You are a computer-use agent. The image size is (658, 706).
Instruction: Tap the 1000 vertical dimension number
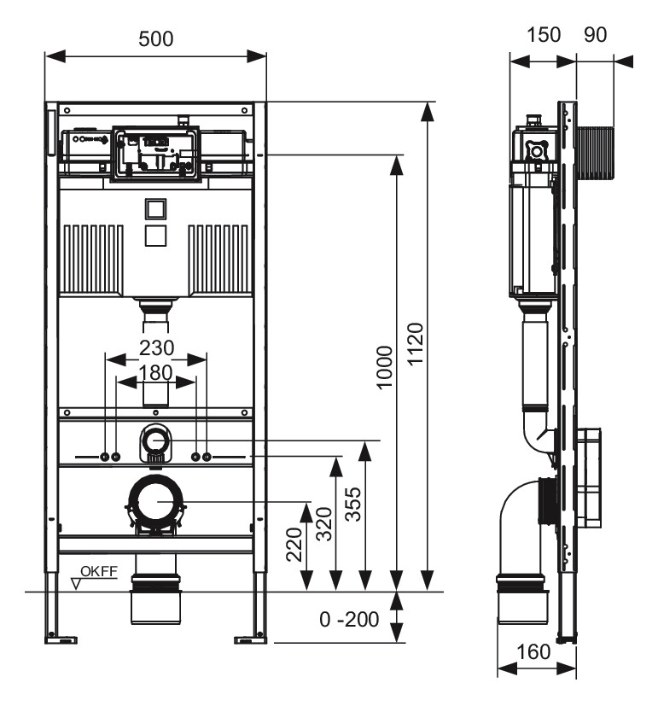[x=385, y=367]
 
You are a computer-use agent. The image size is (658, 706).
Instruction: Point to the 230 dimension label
[x=156, y=348]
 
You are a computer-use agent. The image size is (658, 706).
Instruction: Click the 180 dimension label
[x=155, y=372]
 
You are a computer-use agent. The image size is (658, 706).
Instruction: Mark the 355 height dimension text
[x=353, y=504]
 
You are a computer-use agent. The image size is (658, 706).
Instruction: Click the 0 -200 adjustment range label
[x=350, y=618]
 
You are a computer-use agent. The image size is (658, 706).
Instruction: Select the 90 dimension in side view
[x=595, y=35]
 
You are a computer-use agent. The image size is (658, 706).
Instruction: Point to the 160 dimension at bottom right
[x=535, y=652]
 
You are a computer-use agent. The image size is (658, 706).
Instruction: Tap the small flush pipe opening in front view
[x=154, y=441]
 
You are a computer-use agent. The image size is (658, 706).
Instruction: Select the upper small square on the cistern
[x=155, y=207]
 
